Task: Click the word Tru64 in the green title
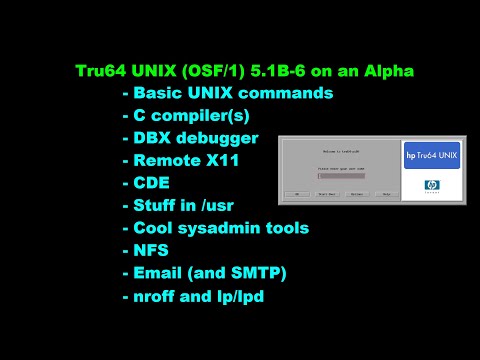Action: point(101,71)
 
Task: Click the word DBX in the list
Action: point(153,138)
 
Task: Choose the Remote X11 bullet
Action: point(181,160)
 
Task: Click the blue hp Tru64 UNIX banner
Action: point(431,154)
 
